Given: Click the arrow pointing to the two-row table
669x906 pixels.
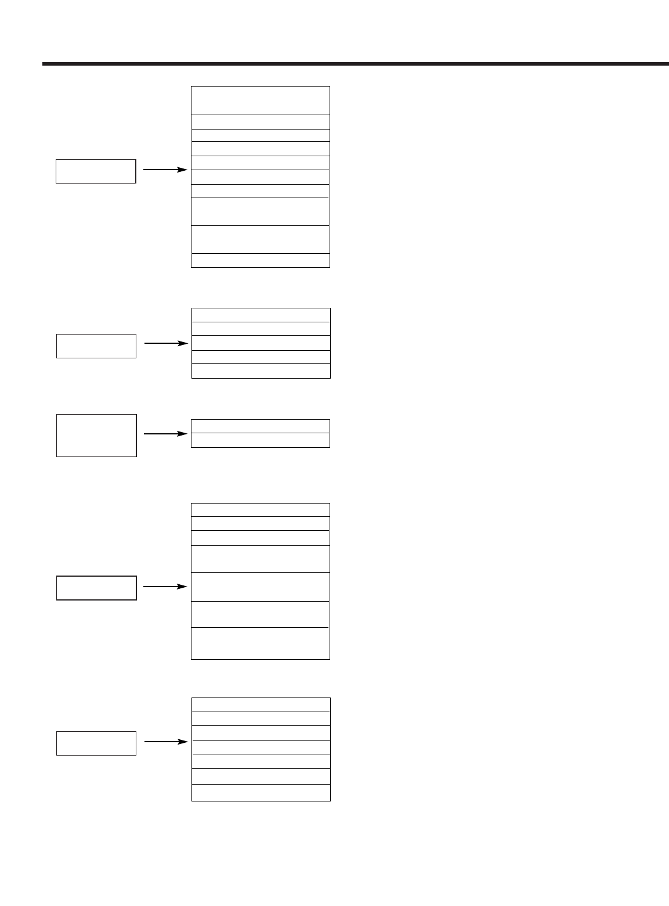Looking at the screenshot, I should click(165, 433).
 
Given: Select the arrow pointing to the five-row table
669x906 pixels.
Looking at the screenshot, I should click(166, 343).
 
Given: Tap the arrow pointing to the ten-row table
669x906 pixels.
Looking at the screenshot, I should click(165, 170).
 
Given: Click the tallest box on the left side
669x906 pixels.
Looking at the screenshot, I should click(96, 436).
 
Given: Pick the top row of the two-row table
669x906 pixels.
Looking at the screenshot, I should click(261, 426).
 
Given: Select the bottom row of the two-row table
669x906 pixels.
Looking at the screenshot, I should click(261, 440).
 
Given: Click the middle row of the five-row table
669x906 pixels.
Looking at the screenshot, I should click(261, 343).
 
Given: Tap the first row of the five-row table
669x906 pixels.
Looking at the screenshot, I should click(261, 315).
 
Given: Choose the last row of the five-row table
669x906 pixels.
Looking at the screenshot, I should click(261, 371).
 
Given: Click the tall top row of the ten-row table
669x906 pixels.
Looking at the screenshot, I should click(261, 100).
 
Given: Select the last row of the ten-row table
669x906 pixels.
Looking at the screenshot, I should click(261, 260).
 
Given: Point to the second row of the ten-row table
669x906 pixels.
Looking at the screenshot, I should click(261, 122).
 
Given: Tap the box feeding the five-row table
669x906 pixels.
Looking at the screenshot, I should click(96, 346).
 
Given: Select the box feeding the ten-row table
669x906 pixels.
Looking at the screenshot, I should click(96, 171).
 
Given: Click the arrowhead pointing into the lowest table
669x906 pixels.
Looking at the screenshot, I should click(184, 742).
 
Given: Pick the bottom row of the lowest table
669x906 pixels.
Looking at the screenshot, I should click(261, 793).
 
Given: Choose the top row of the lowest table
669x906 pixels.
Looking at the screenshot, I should click(261, 704).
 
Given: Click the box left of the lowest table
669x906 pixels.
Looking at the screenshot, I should click(96, 743).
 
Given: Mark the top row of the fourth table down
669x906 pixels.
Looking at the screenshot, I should click(261, 510).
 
